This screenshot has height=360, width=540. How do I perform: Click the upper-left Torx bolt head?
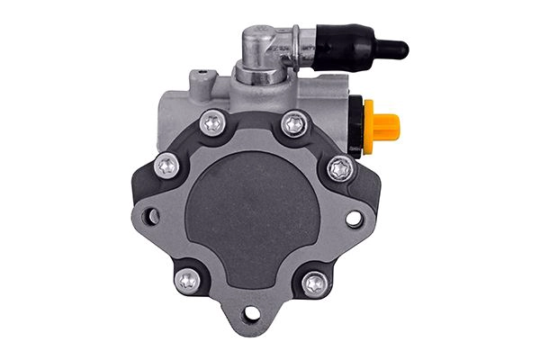tap(212, 123)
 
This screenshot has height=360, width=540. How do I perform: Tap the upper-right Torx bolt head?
tap(293, 123)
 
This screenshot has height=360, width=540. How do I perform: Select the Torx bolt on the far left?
tap(166, 166)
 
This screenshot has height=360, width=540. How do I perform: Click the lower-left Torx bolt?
tap(188, 281)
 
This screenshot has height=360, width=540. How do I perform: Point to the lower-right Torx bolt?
tap(315, 283)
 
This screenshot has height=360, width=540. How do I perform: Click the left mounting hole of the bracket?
tap(151, 216)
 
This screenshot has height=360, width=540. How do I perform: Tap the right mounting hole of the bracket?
tap(354, 218)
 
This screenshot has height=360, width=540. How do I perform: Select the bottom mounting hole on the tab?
tap(252, 314)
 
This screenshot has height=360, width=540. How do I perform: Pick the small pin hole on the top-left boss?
tap(202, 71)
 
